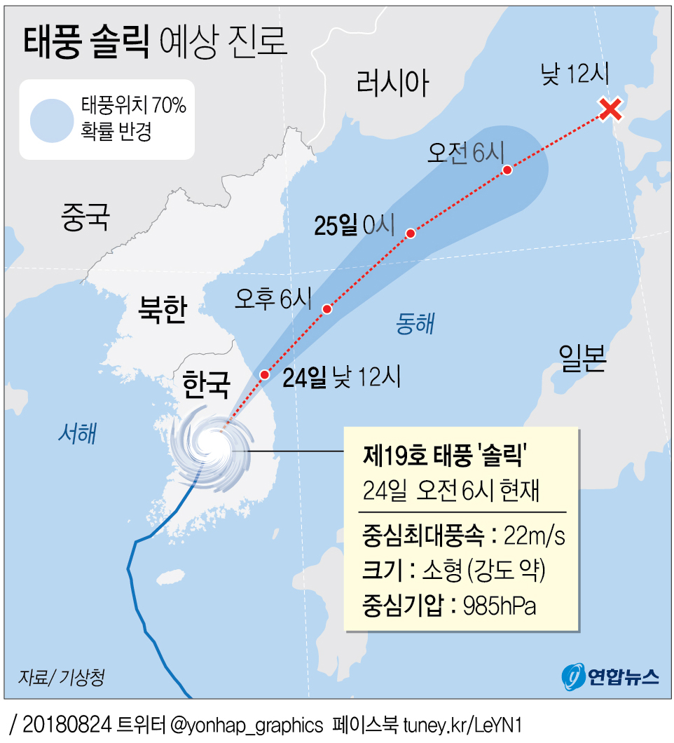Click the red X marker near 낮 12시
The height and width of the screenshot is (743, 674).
[x=611, y=109]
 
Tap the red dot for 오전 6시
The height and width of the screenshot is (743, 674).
[x=507, y=170]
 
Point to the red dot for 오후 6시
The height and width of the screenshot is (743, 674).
[x=326, y=309]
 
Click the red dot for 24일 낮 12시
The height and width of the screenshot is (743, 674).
[x=264, y=375]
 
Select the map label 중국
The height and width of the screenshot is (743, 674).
[x=85, y=217]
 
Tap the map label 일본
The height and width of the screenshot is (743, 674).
[x=582, y=358]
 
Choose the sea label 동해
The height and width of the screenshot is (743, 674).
[x=415, y=323]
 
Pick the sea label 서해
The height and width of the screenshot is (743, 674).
[x=76, y=435]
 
